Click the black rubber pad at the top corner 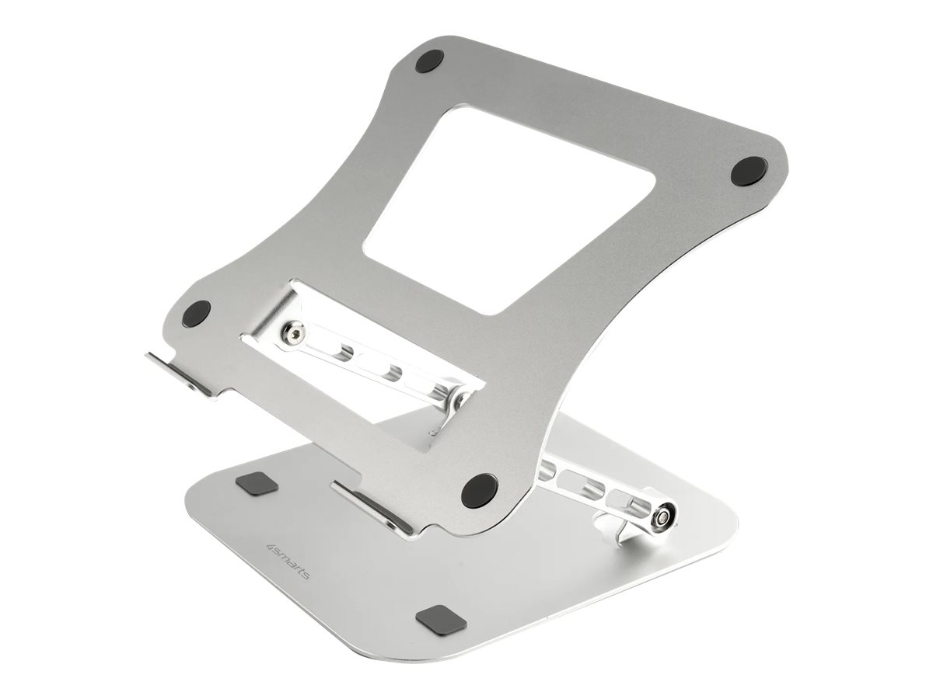428,61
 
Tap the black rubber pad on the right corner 750,170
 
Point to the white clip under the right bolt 614,528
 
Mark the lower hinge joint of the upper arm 453,399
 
